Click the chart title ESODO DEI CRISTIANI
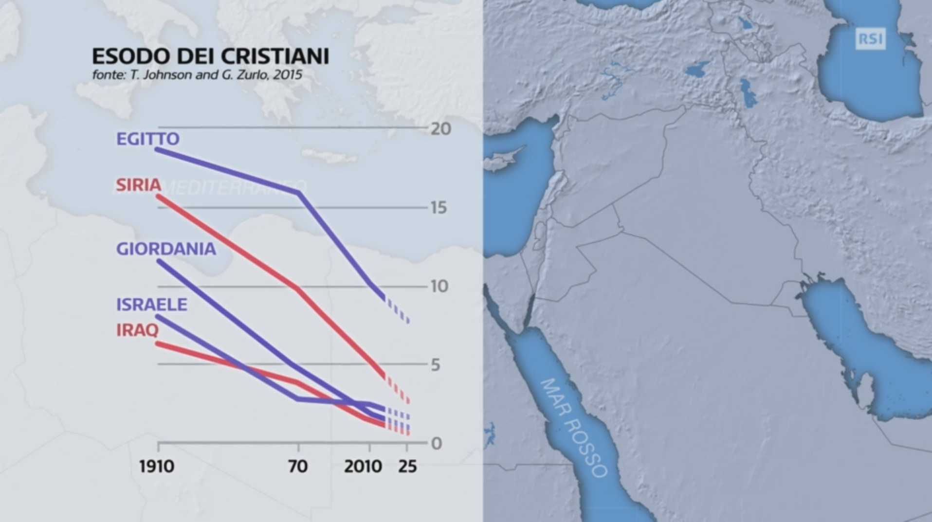pos(210,56)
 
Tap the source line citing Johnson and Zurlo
pos(197,75)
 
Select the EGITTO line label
pos(147,139)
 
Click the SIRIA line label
pos(138,185)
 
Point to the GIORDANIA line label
pos(165,249)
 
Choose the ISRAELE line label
pos(151,305)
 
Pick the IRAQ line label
pos(137,330)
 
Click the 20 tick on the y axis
pos(440,129)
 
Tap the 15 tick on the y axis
pos(439,208)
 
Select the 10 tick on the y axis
pos(439,287)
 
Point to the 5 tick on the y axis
pos(436,365)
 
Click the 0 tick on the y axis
pos(436,444)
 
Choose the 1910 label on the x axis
pos(156,467)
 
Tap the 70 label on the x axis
pos(297,467)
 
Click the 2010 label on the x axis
pos(363,467)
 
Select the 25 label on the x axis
pos(407,467)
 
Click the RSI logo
pos(870,39)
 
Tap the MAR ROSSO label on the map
pos(574,428)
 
